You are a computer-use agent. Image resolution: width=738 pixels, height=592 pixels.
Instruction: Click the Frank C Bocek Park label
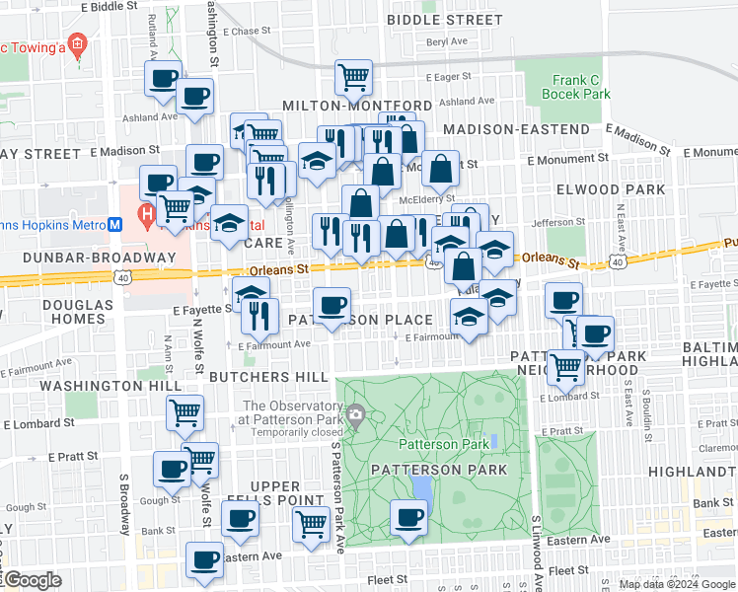pyautogui.click(x=576, y=88)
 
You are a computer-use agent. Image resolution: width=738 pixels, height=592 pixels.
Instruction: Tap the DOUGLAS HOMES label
pyautogui.click(x=78, y=313)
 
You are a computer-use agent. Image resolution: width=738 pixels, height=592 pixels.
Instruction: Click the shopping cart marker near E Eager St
pyautogui.click(x=353, y=75)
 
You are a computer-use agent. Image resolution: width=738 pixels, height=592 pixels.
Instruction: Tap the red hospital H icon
pyautogui.click(x=146, y=212)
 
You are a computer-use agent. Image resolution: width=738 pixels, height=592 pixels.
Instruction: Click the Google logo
pyautogui.click(x=32, y=580)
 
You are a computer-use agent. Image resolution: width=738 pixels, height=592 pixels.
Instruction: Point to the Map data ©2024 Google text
pyautogui.click(x=677, y=584)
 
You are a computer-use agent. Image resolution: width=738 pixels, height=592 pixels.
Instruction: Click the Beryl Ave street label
pyautogui.click(x=447, y=41)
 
